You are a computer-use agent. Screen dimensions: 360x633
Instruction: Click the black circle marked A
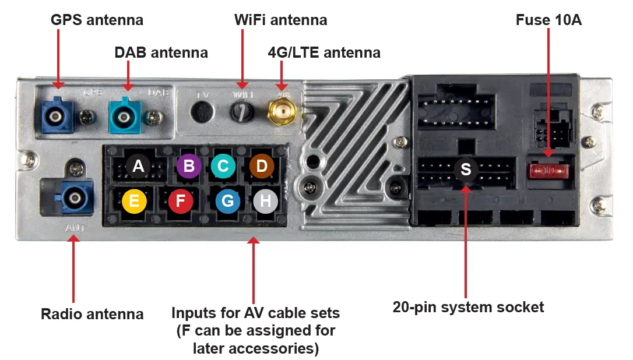[138, 167]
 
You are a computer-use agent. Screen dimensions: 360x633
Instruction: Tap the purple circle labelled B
[189, 167]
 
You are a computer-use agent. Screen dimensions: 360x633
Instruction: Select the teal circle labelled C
[223, 167]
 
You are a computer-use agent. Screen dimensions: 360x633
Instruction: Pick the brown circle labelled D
[262, 167]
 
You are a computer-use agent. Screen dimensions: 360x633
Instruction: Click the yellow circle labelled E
[134, 202]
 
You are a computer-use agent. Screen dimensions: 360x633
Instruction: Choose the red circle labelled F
[181, 202]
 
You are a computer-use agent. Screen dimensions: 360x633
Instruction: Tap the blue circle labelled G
[228, 202]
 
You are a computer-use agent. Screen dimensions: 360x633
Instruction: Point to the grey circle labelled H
[265, 202]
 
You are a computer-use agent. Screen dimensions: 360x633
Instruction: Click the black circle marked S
[466, 169]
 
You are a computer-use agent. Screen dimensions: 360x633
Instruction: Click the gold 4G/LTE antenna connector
[281, 111]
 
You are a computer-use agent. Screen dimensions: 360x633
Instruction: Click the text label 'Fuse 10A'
[548, 20]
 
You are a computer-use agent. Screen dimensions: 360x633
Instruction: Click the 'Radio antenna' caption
[92, 315]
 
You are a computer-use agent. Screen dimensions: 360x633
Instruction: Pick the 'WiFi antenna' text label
[280, 20]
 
